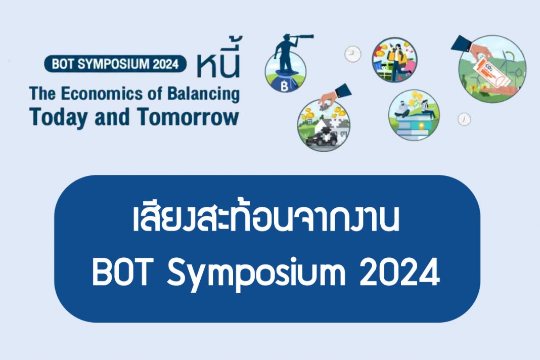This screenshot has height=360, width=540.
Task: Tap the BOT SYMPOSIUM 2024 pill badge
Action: coord(115,64)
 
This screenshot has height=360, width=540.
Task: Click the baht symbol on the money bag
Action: coord(285,86)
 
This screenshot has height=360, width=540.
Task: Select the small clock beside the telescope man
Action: coord(352,54)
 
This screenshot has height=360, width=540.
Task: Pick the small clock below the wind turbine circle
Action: coord(464,119)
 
